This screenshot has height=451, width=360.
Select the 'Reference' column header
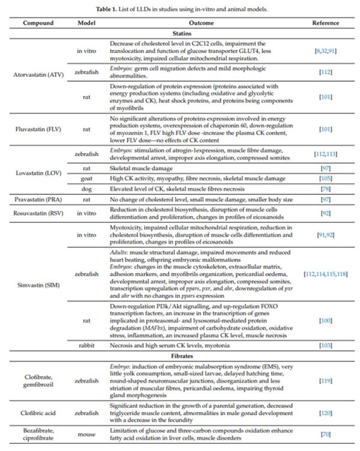coord(325,23)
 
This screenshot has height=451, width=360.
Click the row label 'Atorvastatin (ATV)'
coord(39,74)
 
